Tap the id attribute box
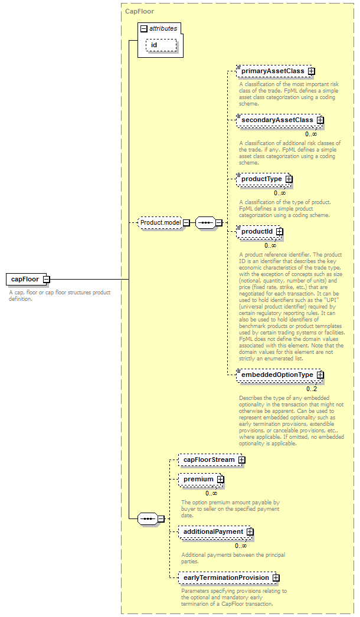162,45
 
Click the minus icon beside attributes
144,29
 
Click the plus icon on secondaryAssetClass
320,120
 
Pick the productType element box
264,179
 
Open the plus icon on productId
279,232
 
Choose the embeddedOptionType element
280,375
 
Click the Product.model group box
161,223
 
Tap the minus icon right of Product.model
186,223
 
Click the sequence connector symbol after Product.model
205,223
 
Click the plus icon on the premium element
221,480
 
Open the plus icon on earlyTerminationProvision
276,577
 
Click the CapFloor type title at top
139,11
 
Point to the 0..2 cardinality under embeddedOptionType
312,389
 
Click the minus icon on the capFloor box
47,280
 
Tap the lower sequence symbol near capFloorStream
148,518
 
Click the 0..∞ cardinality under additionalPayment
241,546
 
